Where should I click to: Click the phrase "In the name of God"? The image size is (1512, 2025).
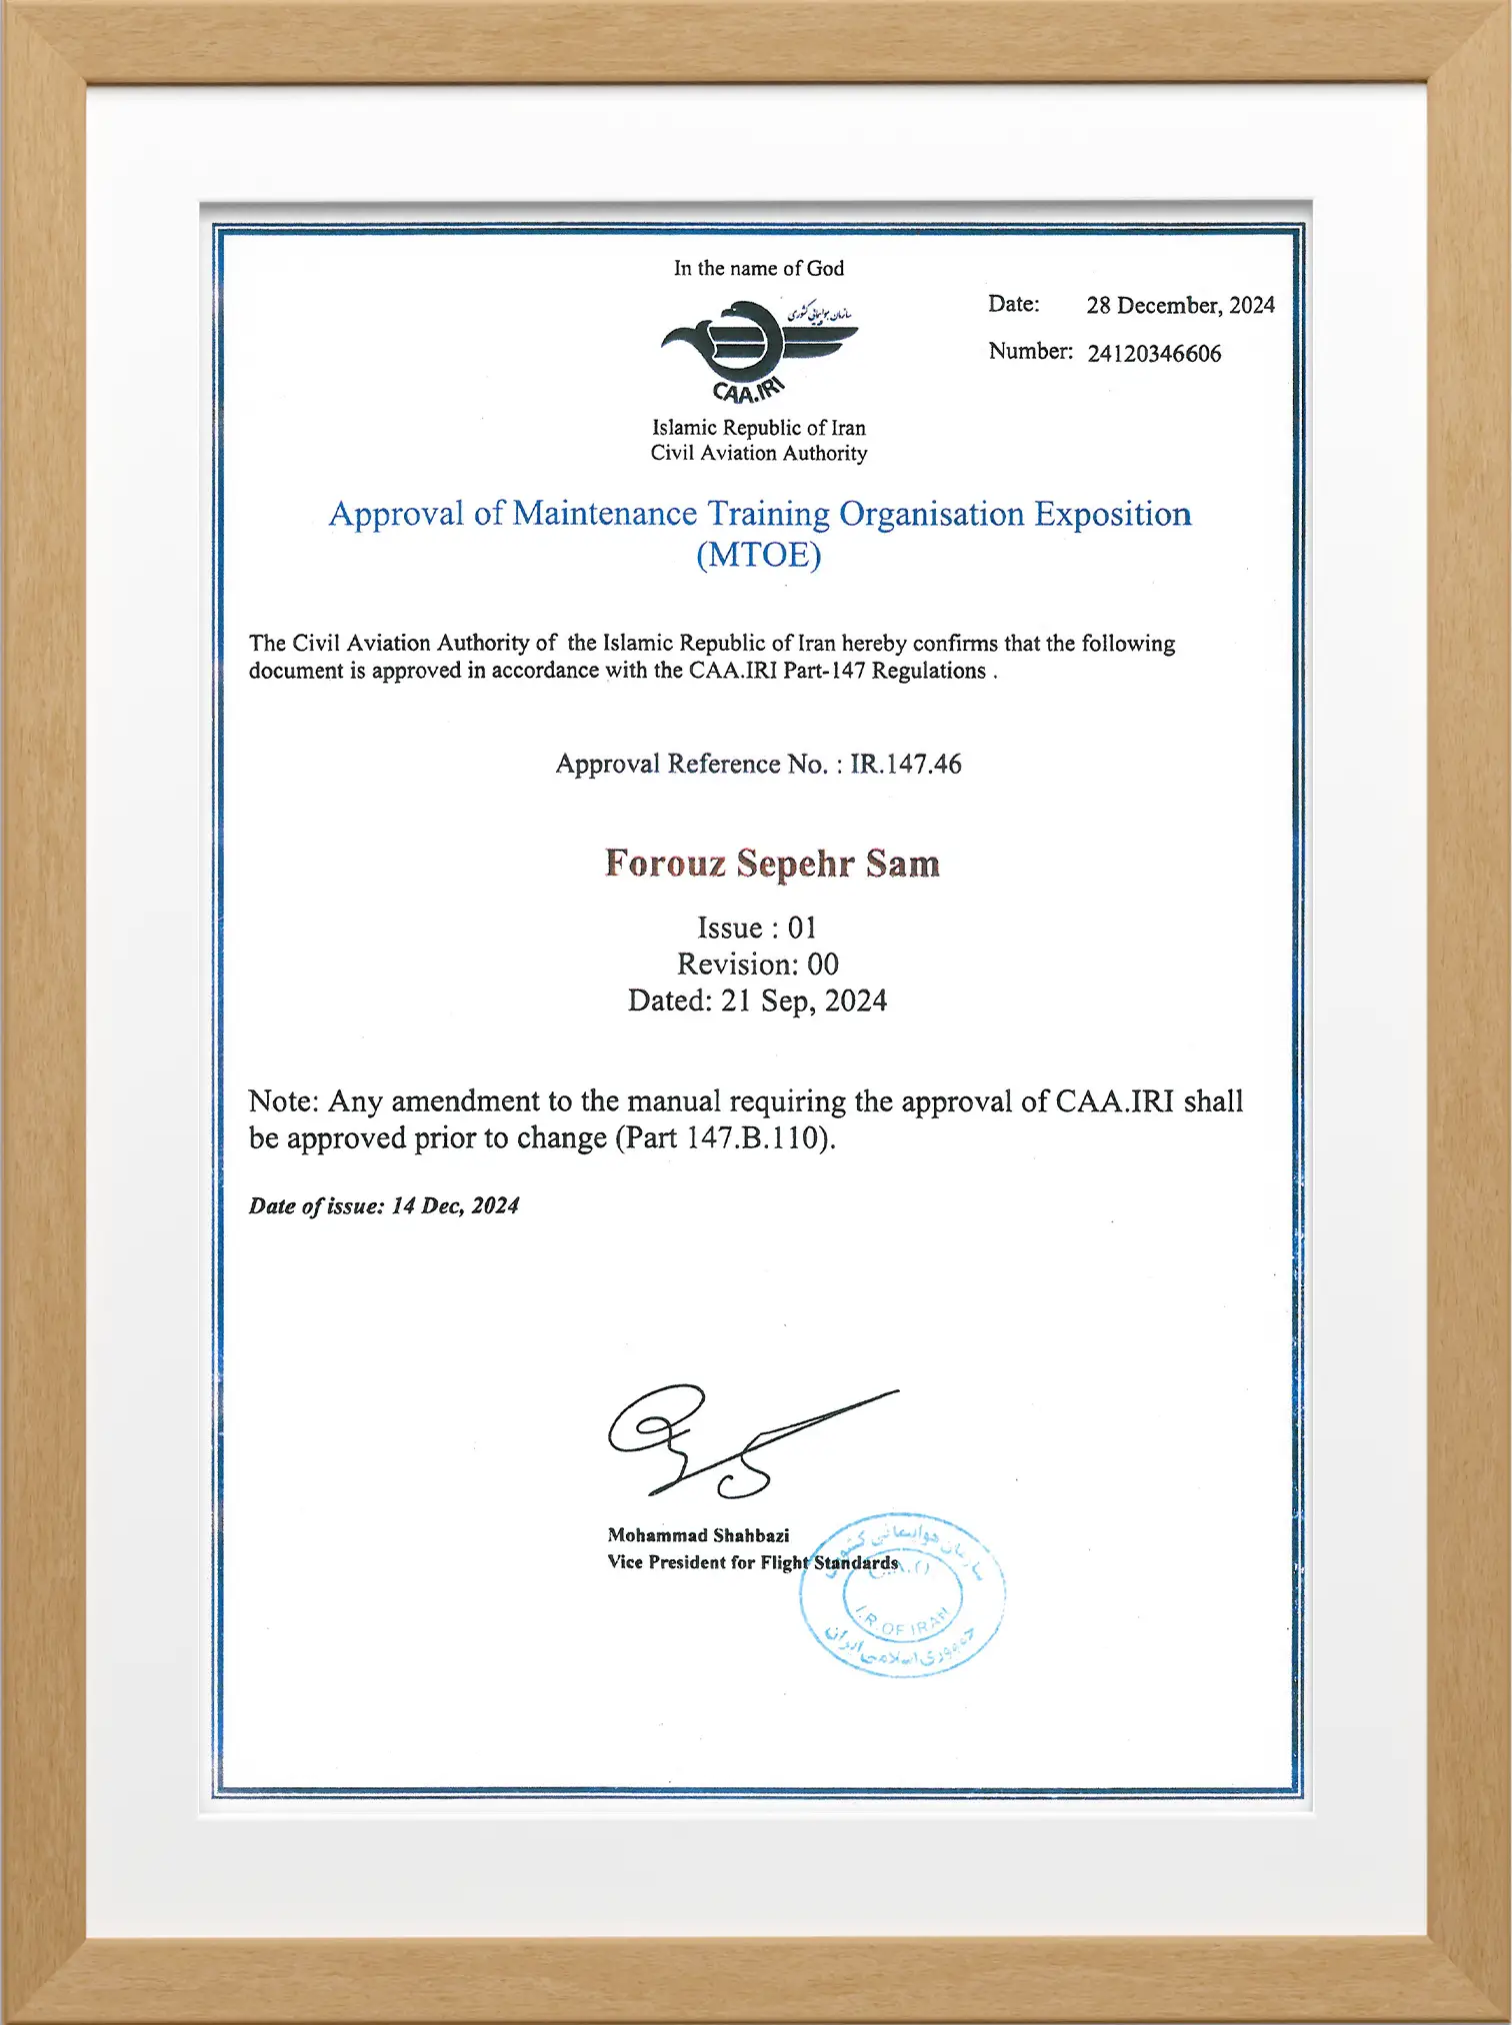click(x=758, y=268)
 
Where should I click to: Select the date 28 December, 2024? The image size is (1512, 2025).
click(x=1180, y=305)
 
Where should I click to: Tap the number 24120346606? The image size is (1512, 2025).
click(x=1154, y=354)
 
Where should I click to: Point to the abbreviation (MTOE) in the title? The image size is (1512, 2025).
click(x=759, y=555)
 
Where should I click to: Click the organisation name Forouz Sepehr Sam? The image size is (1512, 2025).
click(x=772, y=864)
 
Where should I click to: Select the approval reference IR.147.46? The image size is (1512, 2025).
click(x=906, y=765)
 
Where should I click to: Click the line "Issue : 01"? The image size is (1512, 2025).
click(x=757, y=929)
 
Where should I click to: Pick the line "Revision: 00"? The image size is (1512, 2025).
click(x=757, y=965)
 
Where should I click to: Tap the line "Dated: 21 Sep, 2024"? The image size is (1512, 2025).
click(x=757, y=1002)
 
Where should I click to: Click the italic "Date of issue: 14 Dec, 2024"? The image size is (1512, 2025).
click(x=384, y=1206)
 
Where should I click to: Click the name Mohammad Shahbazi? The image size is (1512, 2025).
click(x=698, y=1535)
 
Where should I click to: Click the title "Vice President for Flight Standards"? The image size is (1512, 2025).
click(x=752, y=1562)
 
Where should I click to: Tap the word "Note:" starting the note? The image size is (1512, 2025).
click(x=283, y=1101)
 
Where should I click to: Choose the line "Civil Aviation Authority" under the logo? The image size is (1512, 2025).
click(x=759, y=454)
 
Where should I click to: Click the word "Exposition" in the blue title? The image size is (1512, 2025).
click(x=1112, y=514)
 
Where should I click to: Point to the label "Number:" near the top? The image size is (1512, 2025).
click(x=1030, y=352)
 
